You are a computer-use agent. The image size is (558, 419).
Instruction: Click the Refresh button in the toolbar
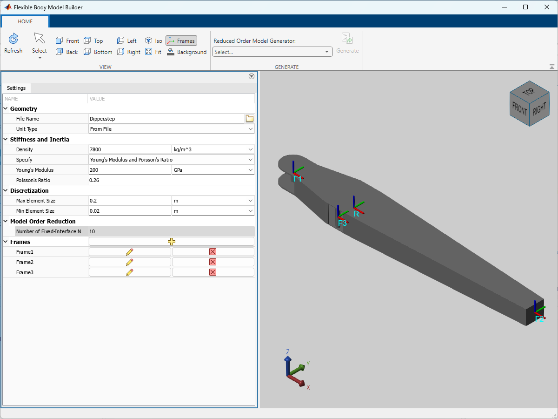pos(13,43)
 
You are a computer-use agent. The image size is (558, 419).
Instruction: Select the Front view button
pos(67,41)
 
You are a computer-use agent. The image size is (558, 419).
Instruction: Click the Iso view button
pos(154,41)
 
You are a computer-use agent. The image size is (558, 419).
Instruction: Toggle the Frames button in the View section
pos(181,41)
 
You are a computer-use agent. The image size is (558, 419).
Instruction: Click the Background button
pos(186,52)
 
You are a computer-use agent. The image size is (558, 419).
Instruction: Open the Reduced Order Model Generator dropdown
pos(272,52)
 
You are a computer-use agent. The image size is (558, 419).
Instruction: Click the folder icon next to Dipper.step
pos(250,119)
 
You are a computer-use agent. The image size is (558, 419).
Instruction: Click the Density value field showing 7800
pos(129,149)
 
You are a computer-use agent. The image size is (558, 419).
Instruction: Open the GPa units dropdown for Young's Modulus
pos(213,170)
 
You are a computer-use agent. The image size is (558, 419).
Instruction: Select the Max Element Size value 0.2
pos(129,201)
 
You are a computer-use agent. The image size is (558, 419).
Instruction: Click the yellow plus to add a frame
pos(172,242)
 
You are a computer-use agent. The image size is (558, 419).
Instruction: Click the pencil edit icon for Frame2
pos(130,262)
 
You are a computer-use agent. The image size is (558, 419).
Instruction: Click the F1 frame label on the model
pos(298,179)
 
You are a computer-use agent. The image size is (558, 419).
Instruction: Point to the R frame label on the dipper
pos(356,214)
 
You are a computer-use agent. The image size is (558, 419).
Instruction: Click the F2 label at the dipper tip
pos(539,319)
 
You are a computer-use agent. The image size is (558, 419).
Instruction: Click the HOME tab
pos(25,21)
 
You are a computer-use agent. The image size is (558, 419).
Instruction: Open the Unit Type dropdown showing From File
pos(171,129)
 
